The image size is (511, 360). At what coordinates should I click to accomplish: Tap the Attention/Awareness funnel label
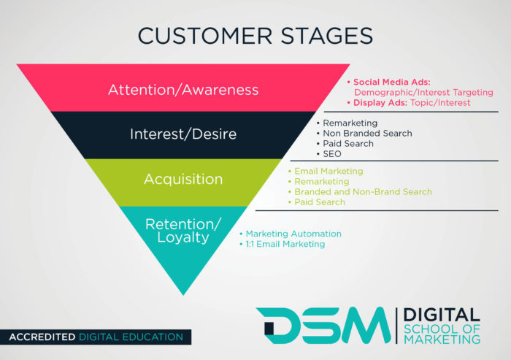[x=183, y=90]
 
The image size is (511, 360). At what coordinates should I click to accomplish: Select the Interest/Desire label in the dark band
[x=183, y=134]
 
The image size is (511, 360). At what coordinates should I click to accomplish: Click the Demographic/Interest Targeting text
[x=423, y=93]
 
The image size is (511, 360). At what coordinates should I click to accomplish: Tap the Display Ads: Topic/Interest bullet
[x=411, y=103]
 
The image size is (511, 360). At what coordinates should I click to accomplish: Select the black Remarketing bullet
[x=350, y=123]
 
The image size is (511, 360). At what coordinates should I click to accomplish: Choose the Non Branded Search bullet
[x=367, y=134]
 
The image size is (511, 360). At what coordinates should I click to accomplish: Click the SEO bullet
[x=333, y=153]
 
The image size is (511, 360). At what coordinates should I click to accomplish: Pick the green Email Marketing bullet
[x=328, y=172]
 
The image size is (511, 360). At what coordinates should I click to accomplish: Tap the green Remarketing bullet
[x=321, y=181]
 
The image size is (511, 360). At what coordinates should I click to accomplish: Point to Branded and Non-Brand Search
[x=363, y=191]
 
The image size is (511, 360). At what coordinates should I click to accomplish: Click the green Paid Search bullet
[x=319, y=202]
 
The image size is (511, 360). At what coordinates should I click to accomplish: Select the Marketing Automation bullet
[x=293, y=234]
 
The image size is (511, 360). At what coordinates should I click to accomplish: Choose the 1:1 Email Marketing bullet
[x=285, y=244]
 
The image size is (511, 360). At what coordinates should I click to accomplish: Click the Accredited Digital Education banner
[x=96, y=337]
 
